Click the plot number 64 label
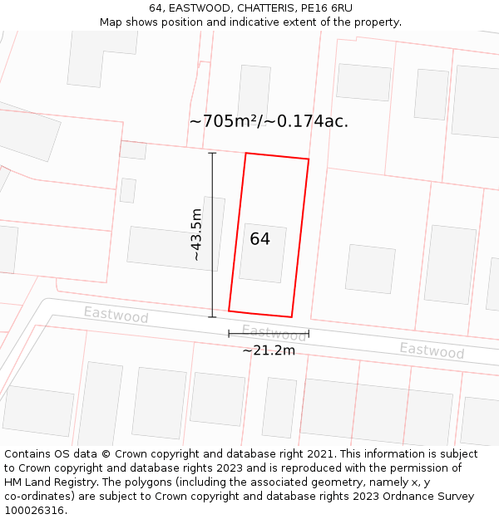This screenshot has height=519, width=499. click(x=260, y=239)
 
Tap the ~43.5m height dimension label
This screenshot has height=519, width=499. click(x=196, y=235)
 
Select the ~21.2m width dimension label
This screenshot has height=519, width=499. click(x=269, y=350)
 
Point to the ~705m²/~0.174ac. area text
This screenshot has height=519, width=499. click(x=269, y=121)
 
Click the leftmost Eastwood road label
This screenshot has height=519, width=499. click(x=116, y=316)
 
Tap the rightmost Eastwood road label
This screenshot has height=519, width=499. click(x=432, y=350)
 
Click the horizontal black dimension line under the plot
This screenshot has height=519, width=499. click(x=269, y=334)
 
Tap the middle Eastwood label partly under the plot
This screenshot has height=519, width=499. click(x=274, y=334)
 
